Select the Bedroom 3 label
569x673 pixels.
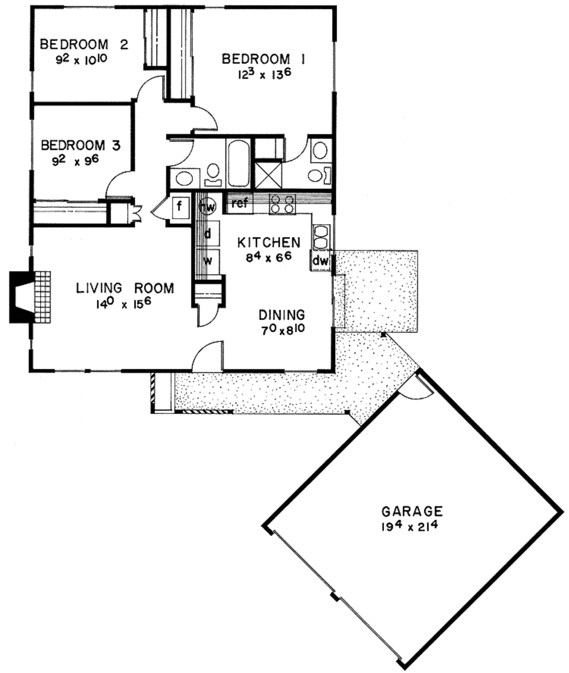(x=81, y=145)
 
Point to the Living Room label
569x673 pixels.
(x=124, y=288)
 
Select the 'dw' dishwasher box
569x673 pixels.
(x=320, y=260)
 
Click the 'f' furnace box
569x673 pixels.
(x=179, y=208)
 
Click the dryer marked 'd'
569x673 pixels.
(x=207, y=234)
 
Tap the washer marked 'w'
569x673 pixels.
(x=208, y=260)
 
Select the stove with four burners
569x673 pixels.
(x=281, y=204)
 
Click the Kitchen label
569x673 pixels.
(x=269, y=242)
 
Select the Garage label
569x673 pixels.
(x=412, y=511)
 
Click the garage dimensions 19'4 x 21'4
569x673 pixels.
(x=412, y=526)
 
